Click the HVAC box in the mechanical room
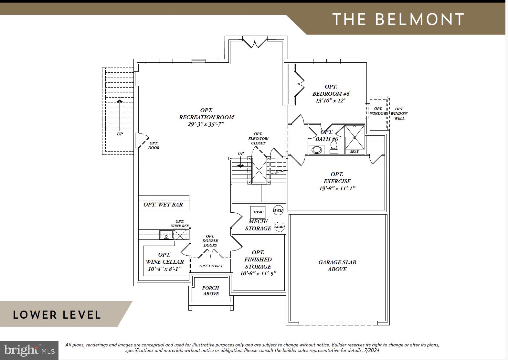click(258, 212)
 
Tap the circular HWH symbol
click(278, 210)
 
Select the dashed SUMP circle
click(280, 227)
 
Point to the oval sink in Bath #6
click(317, 150)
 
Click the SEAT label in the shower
click(354, 152)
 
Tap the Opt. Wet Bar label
click(163, 205)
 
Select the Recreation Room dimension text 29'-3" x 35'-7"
click(206, 124)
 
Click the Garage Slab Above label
click(337, 266)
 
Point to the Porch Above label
click(211, 291)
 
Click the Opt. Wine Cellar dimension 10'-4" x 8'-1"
click(165, 269)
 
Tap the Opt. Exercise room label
click(337, 178)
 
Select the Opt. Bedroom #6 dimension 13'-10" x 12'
click(331, 101)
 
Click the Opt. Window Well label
click(399, 113)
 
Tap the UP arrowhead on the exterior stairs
click(120, 101)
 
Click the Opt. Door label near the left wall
click(154, 145)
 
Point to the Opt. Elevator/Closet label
click(258, 138)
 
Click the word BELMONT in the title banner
click(420, 19)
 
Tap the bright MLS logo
click(29, 350)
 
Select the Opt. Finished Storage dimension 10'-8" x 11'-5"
click(258, 274)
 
